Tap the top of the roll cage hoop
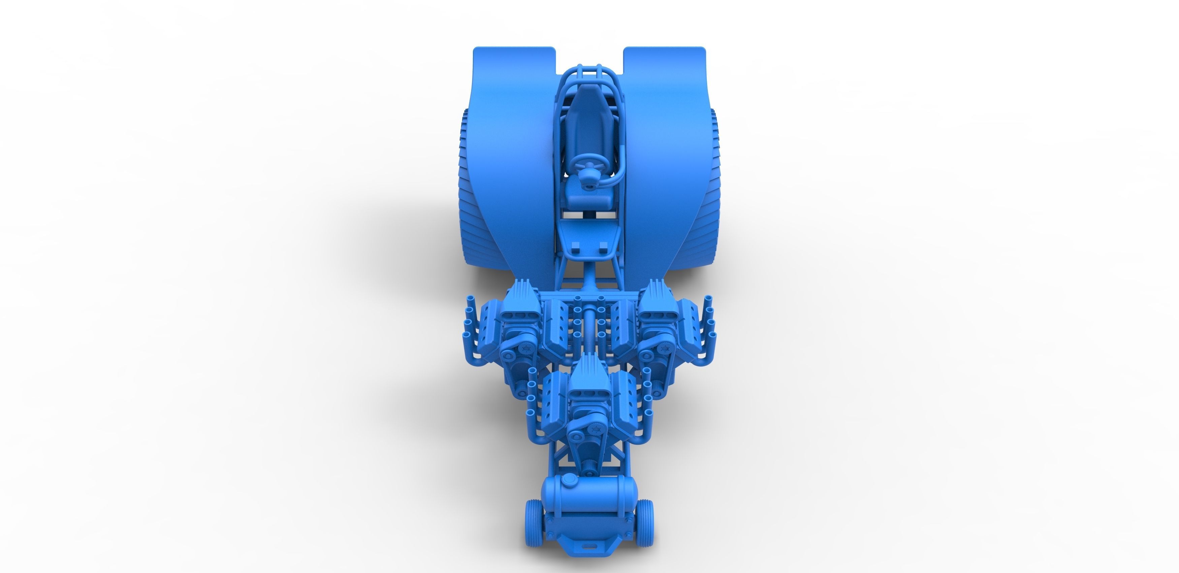click(589, 71)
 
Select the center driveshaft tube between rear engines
click(589, 329)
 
